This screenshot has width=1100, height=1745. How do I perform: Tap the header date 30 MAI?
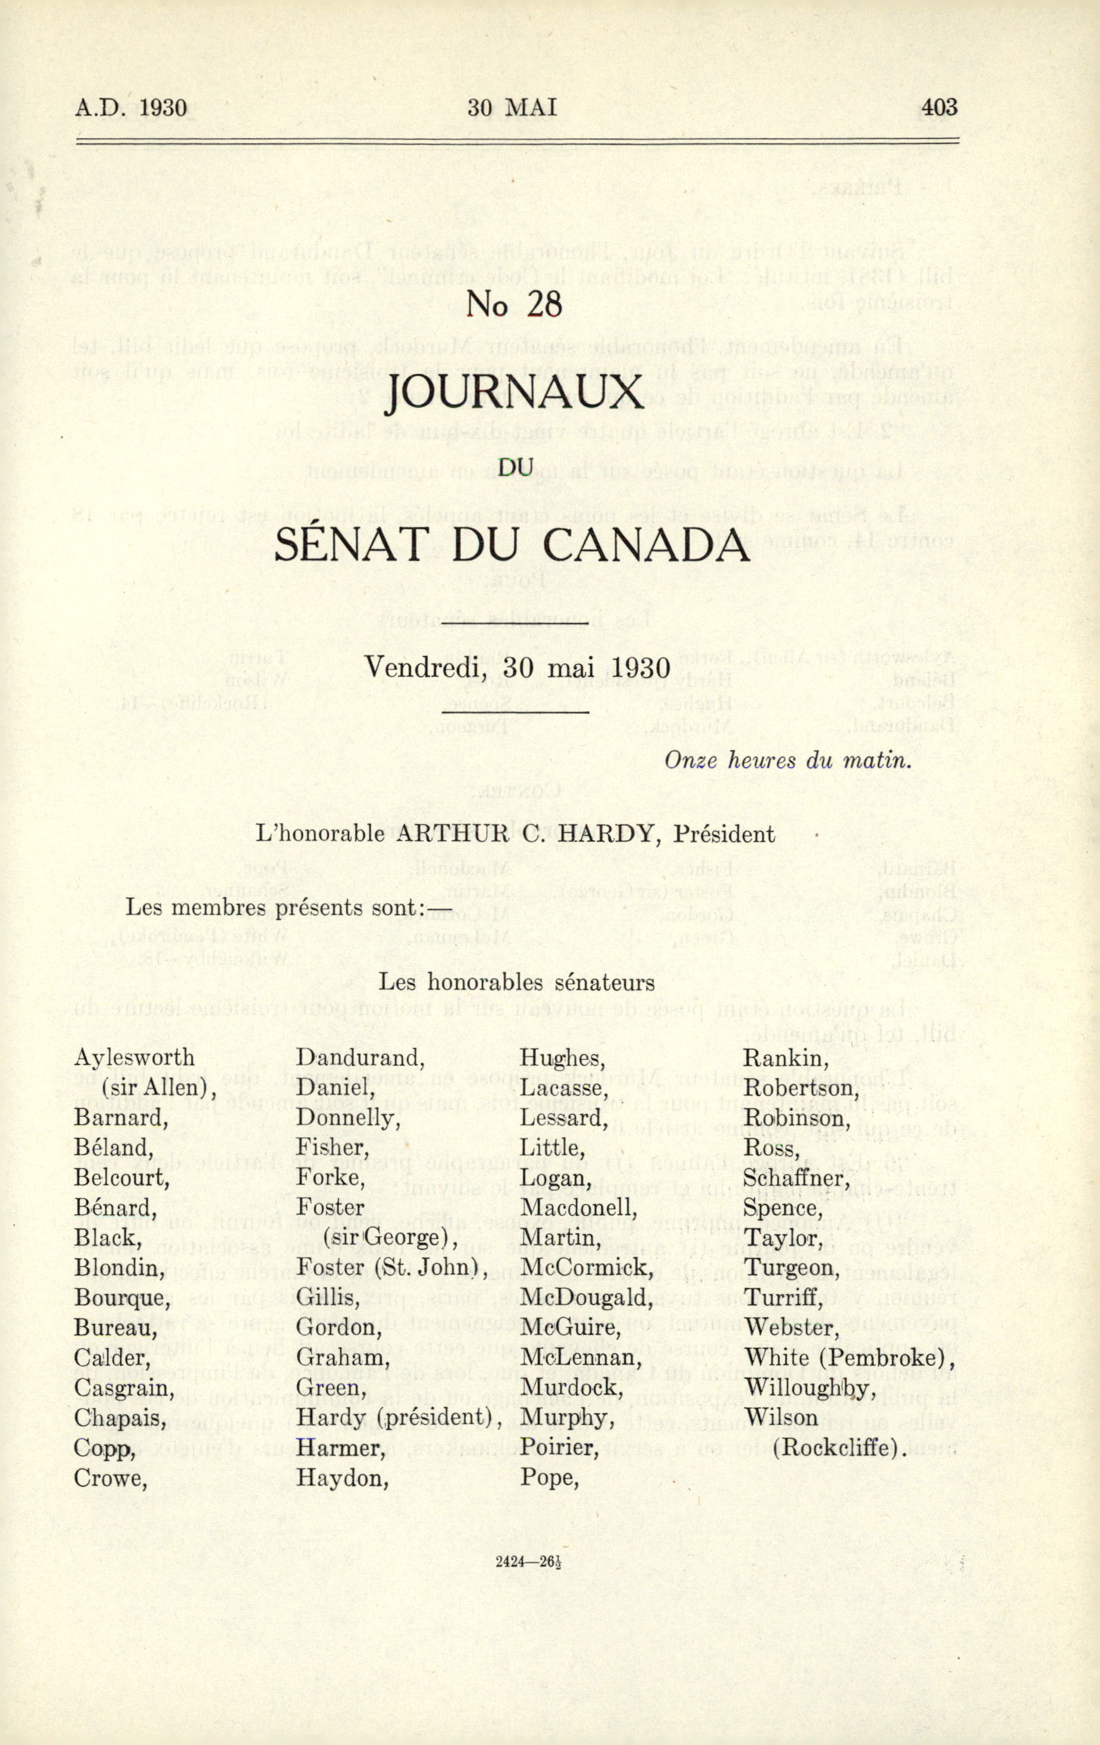click(x=511, y=108)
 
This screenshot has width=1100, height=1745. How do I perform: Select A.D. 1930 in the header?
click(x=130, y=108)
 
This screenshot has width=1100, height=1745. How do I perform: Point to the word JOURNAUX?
click(x=514, y=392)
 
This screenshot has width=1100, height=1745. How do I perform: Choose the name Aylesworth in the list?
click(x=134, y=1057)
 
